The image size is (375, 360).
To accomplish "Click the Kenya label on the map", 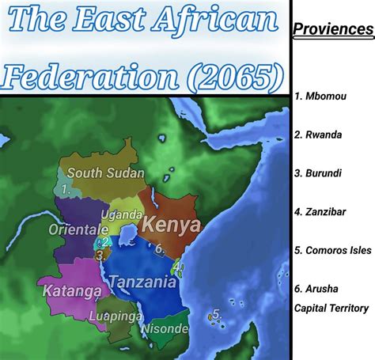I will tap(170, 225).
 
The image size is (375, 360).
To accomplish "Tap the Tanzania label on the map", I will tap(142, 282).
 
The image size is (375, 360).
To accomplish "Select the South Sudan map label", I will tap(105, 172).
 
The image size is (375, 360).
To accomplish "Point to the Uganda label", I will tap(122, 215).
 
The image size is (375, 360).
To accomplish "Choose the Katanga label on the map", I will tap(72, 290).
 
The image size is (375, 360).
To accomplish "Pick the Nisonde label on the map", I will tap(165, 328).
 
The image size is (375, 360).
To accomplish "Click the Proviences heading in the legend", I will tap(333, 30).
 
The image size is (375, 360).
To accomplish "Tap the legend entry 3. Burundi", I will tap(320, 173).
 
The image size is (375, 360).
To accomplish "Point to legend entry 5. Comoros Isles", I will tap(332, 250).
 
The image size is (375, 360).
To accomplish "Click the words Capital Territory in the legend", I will tap(331, 308).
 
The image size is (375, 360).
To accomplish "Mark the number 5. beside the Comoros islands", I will tap(217, 314).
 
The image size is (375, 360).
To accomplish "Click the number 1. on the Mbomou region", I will tap(66, 190).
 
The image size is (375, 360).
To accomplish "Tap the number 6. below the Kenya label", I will tap(159, 248).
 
